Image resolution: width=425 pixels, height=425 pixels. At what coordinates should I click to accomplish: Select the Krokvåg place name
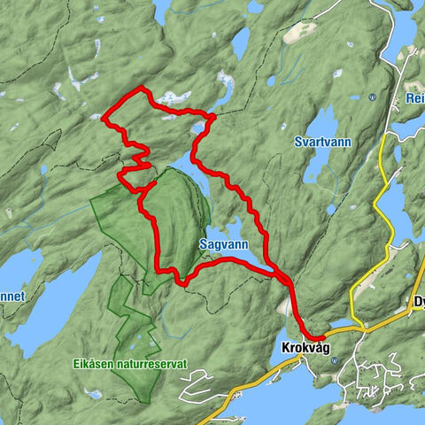pyautogui.click(x=305, y=347)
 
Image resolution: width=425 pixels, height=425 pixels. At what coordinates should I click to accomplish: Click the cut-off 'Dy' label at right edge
pyautogui.click(x=418, y=302)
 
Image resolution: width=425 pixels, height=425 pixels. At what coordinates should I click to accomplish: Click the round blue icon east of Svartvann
pyautogui.click(x=373, y=97)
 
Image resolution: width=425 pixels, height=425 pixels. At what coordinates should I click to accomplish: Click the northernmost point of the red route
pyautogui.click(x=142, y=88)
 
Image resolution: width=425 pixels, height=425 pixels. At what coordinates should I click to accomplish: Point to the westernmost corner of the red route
pyautogui.click(x=104, y=118)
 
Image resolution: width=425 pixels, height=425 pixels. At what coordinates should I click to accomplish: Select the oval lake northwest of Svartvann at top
pyautogui.click(x=240, y=42)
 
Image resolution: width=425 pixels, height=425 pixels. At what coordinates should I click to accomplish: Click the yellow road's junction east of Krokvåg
pyautogui.click(x=353, y=325)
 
